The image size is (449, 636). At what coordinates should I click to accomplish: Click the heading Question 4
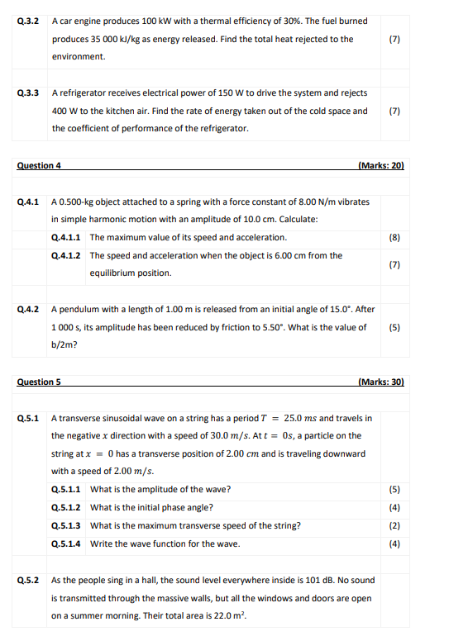coord(39,166)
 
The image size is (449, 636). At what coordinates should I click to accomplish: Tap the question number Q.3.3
coord(28,93)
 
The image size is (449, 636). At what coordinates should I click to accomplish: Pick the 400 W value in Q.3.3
coord(64,111)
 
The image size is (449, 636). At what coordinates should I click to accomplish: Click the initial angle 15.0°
coord(328,310)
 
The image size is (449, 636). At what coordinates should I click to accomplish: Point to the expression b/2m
coord(63,346)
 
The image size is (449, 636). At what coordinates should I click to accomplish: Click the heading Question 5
coord(39,382)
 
